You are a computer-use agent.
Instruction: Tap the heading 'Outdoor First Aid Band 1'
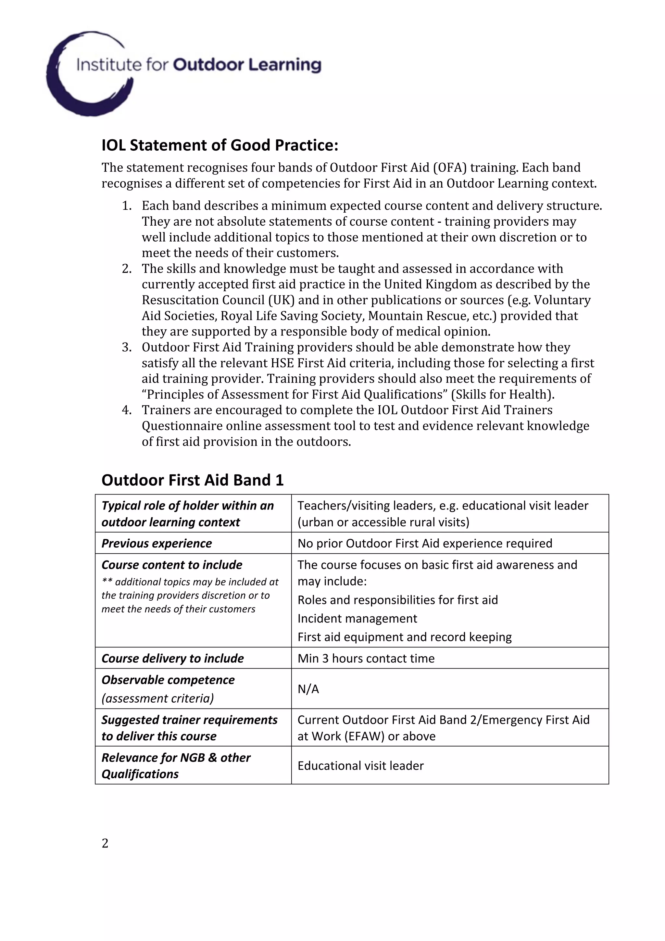tap(192, 480)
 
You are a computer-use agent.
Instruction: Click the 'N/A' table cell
tap(308, 689)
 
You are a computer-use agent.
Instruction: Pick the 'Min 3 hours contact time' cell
tap(366, 658)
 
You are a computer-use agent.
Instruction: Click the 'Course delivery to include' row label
tap(172, 658)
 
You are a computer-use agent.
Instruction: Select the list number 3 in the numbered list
tap(127, 347)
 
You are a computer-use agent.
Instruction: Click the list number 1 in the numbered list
tap(127, 205)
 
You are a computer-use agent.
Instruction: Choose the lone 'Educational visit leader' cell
tap(360, 766)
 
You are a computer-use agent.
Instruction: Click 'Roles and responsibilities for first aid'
tap(397, 600)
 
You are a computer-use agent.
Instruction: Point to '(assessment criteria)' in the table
tap(157, 698)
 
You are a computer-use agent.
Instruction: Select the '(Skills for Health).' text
tap(503, 394)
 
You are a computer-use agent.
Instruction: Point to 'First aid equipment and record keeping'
tap(404, 636)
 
